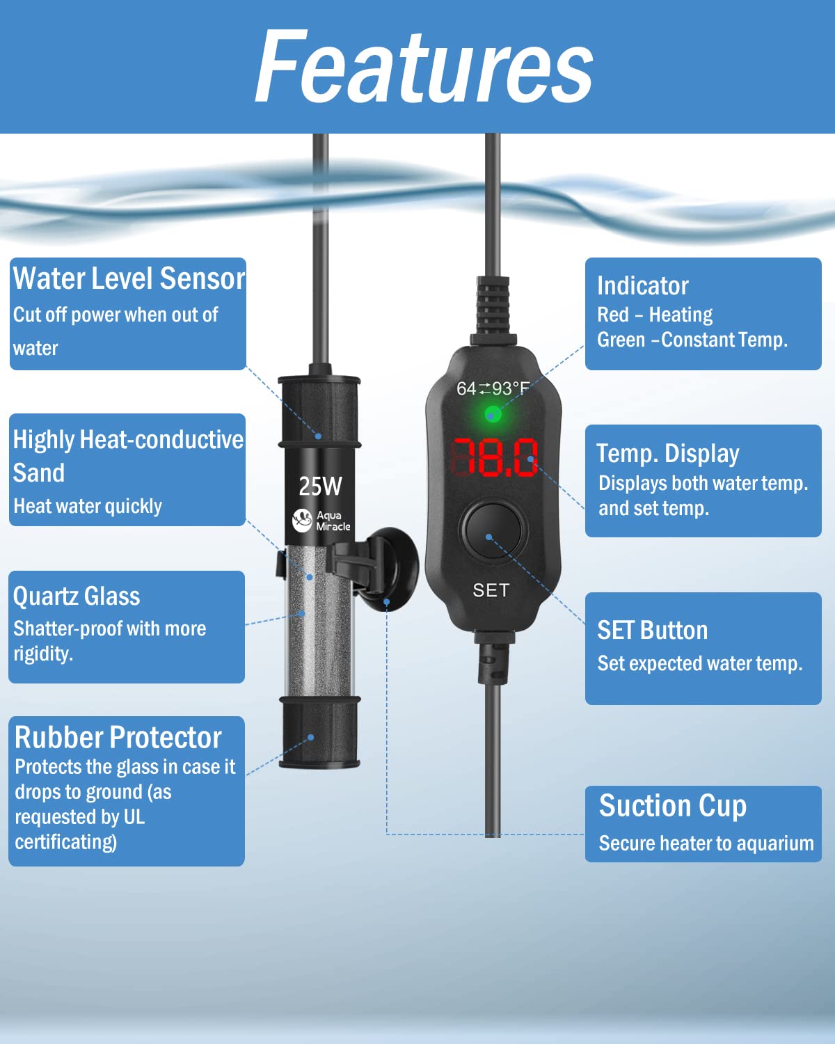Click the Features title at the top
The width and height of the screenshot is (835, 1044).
[x=424, y=68]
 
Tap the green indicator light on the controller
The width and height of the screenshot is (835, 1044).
[x=493, y=416]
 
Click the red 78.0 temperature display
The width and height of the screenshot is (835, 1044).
[x=495, y=457]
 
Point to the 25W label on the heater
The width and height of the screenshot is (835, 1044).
[x=320, y=486]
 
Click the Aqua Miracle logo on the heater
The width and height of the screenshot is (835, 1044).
[x=321, y=521]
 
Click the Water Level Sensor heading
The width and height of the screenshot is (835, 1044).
[x=129, y=278]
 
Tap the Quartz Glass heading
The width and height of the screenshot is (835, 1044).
[x=77, y=596]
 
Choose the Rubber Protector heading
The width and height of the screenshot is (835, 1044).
[x=118, y=737]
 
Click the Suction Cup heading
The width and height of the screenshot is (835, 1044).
[x=672, y=806]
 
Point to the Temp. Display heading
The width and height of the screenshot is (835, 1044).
[x=667, y=454]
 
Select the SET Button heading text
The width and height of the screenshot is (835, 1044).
[x=652, y=631]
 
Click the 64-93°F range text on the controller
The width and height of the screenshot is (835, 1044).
[x=493, y=388]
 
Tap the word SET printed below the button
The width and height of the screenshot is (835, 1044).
[x=491, y=590]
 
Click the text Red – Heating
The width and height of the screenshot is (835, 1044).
[x=655, y=315]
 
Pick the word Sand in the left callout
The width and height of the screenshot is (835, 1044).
[x=39, y=473]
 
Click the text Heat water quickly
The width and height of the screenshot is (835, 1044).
[x=88, y=506]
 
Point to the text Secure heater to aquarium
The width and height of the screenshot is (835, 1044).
[x=706, y=844]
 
